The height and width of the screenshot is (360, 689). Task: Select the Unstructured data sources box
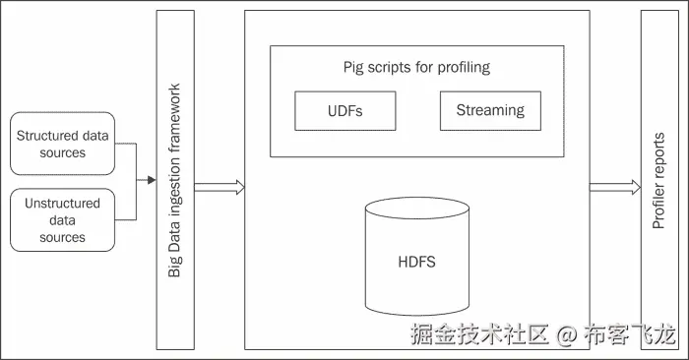tap(62, 219)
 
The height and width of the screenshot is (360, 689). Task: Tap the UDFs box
tap(344, 111)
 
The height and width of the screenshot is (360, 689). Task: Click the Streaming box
tap(489, 110)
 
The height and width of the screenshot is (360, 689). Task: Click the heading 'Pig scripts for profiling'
tap(416, 68)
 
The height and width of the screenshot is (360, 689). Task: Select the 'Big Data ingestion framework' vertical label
tap(175, 180)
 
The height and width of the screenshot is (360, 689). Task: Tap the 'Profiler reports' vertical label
tap(658, 180)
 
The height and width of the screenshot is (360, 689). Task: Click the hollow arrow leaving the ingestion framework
tap(219, 187)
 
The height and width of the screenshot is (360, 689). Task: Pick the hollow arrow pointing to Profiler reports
tap(614, 187)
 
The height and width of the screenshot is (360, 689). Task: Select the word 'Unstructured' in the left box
tap(62, 204)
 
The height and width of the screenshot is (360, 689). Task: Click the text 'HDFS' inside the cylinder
tap(417, 263)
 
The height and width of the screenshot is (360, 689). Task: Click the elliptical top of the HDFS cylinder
tap(417, 207)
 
